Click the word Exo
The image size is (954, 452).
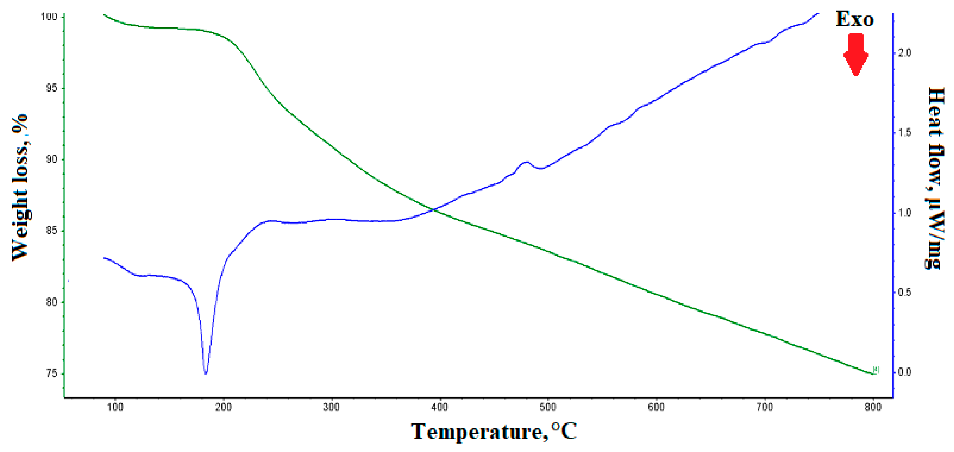pos(855,19)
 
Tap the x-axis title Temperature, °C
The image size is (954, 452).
pos(494,432)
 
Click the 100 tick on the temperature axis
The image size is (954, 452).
pos(115,407)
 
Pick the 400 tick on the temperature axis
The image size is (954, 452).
pos(440,407)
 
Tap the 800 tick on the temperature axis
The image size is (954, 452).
pos(873,407)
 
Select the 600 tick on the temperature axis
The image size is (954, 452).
pos(656,407)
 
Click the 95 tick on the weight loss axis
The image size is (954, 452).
pos(52,88)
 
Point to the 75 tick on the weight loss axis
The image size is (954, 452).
pos(52,373)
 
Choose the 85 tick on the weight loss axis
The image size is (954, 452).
pos(52,231)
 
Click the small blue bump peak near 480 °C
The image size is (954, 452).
pos(526,162)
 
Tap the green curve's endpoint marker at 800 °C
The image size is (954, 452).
pos(875,370)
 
